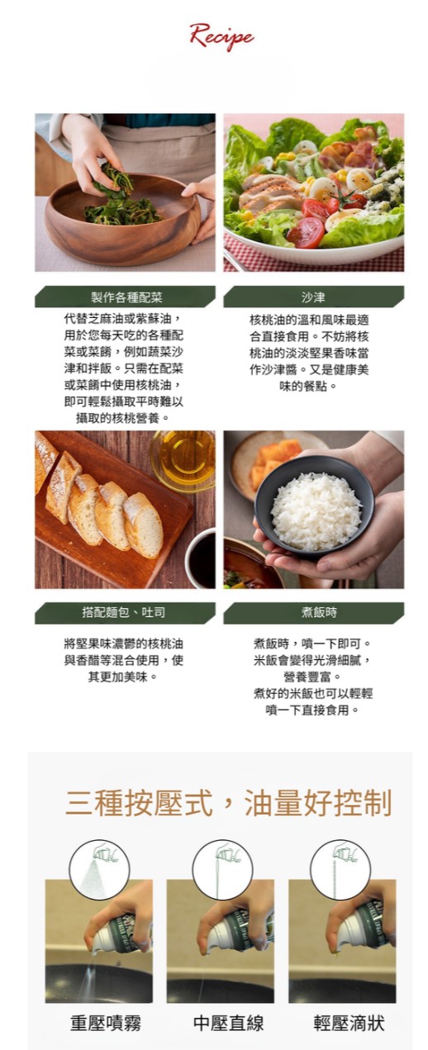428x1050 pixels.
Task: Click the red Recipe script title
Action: click(x=221, y=36)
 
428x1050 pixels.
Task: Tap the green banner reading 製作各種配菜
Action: click(x=125, y=297)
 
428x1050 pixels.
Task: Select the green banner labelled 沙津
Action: click(x=313, y=297)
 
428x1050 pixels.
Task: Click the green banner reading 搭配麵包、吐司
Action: click(x=125, y=612)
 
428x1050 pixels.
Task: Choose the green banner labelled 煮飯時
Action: click(x=313, y=612)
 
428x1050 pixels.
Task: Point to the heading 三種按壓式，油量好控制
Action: click(x=228, y=802)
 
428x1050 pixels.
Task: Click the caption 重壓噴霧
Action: click(x=106, y=1024)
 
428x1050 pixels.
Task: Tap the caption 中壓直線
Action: click(x=228, y=1024)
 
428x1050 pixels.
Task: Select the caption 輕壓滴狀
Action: click(x=350, y=1024)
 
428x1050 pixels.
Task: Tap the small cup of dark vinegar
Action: click(x=202, y=558)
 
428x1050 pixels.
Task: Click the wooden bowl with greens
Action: click(x=123, y=218)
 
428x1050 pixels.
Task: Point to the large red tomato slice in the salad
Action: click(x=305, y=231)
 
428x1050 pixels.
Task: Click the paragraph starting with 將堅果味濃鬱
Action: click(x=124, y=660)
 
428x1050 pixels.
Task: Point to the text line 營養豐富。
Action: click(x=312, y=677)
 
